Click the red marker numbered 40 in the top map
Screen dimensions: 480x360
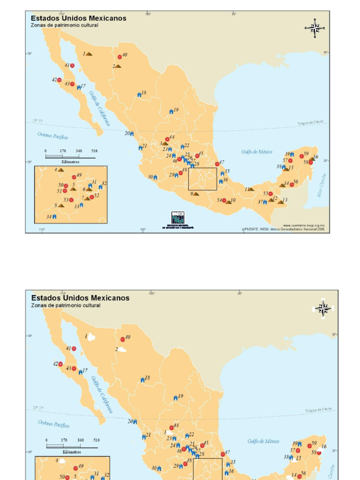120,57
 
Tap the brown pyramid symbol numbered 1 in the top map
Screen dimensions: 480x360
89,54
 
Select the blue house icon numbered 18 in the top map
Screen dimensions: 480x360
139,95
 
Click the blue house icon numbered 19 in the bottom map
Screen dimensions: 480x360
175,398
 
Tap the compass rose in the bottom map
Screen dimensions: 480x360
322,308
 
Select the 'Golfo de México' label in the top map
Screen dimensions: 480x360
257,152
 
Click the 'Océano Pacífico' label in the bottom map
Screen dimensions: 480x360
53,424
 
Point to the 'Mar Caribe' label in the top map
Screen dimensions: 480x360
322,185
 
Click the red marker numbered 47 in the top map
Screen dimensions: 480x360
217,164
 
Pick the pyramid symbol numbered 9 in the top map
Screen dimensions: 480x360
196,194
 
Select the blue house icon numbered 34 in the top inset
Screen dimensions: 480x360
54,217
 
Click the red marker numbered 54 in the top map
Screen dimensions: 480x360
224,200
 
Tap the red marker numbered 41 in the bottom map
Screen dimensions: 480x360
74,349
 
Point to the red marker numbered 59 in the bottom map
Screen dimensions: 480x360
309,445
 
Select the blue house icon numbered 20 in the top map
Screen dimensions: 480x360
132,134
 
